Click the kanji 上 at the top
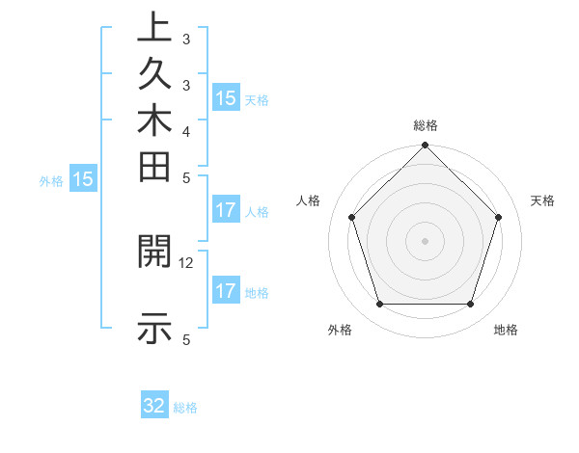[155, 29]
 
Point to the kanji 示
[155, 329]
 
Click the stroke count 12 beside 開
[186, 262]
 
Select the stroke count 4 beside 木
[186, 130]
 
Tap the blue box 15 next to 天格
[226, 98]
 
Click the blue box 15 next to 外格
[84, 179]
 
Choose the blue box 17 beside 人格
[226, 210]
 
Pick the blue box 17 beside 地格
[226, 291]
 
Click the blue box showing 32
[154, 406]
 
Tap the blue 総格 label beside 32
[185, 408]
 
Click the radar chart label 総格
[426, 125]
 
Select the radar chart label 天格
[543, 200]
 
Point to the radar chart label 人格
[309, 200]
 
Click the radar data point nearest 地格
[470, 305]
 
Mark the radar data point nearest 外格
[379, 305]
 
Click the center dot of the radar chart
[425, 240]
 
